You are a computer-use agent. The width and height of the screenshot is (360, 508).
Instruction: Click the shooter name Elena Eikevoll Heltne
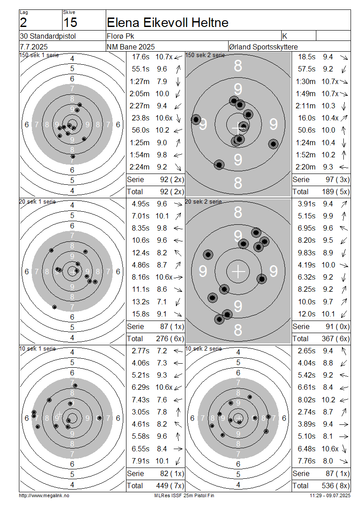167,22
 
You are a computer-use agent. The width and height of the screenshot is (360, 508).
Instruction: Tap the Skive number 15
70,22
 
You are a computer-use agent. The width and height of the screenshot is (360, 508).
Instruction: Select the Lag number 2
23,22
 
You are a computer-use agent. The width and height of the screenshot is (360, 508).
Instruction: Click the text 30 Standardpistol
48,36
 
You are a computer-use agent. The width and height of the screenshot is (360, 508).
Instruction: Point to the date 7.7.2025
34,47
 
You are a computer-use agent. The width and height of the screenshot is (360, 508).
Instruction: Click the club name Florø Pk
120,36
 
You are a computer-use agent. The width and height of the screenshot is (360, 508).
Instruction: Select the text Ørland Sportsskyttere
263,47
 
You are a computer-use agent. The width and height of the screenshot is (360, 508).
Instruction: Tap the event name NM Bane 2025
130,47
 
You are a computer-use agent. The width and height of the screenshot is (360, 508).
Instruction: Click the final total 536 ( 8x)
336,486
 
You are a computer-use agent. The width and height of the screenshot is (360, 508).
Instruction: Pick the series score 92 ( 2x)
172,179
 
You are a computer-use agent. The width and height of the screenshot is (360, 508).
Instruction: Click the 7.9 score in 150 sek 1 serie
162,81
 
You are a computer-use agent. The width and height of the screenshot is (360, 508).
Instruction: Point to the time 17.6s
141,57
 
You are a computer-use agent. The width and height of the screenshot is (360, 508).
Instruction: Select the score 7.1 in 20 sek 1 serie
162,302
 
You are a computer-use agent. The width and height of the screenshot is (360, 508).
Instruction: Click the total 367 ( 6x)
336,339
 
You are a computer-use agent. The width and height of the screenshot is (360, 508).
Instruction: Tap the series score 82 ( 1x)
172,473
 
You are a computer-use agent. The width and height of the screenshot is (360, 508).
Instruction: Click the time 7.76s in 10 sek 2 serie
307,461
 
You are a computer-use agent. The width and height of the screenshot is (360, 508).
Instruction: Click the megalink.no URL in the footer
44,495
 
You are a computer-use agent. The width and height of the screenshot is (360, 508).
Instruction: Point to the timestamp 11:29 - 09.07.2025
330,495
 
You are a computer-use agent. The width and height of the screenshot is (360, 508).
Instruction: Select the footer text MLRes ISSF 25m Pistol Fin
184,495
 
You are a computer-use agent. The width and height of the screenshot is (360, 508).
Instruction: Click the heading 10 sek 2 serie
204,348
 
